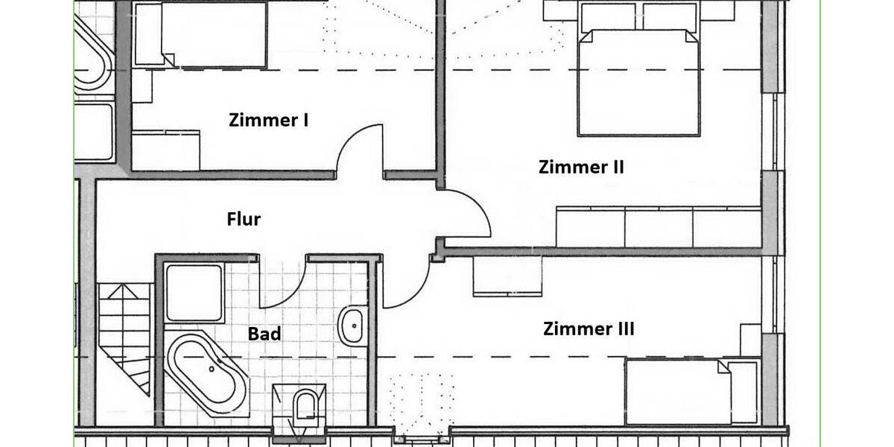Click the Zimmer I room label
[268, 120]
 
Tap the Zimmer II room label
[581, 167]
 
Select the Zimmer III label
[589, 329]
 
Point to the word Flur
[244, 219]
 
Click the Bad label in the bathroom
[264, 334]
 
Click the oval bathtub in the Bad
[208, 375]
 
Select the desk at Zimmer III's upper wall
[507, 276]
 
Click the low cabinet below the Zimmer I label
[165, 150]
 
